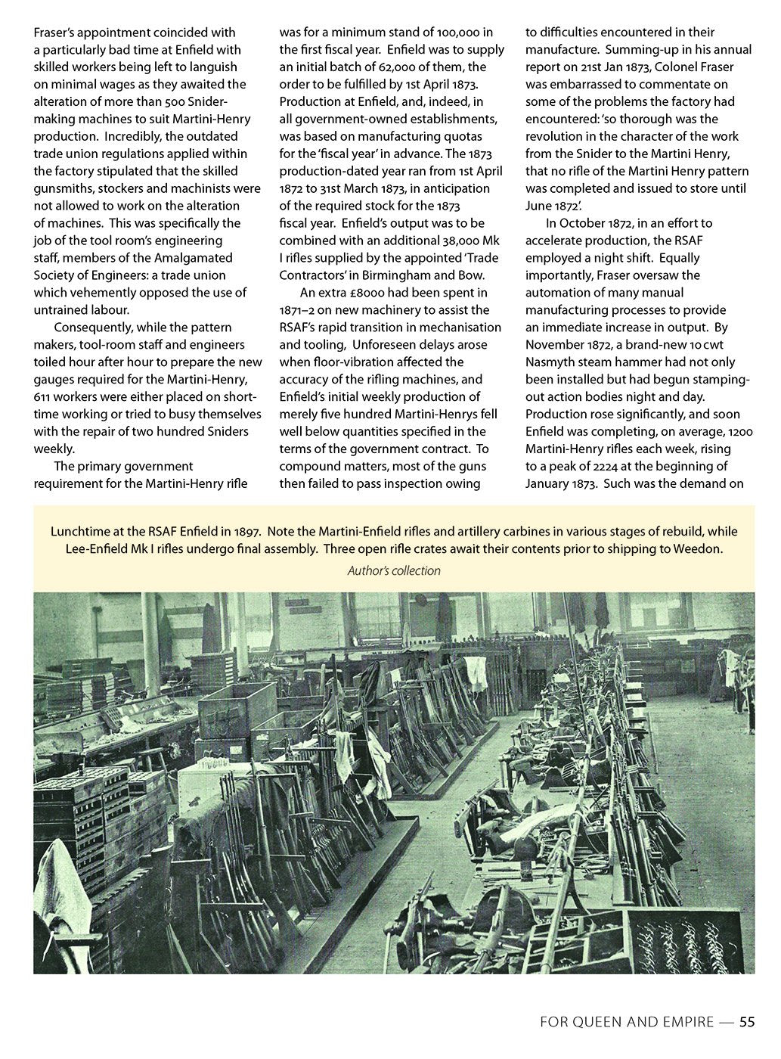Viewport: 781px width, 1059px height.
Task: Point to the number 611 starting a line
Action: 43,397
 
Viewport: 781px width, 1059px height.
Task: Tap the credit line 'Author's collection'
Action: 393,571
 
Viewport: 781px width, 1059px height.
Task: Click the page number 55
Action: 746,1022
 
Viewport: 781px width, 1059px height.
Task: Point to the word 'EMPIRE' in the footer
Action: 681,1022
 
